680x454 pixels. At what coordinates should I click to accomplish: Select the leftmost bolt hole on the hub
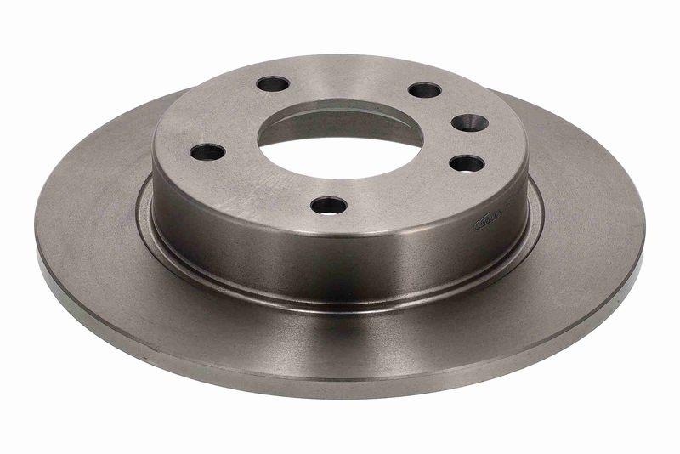(x=207, y=153)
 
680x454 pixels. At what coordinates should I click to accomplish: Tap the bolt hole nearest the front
(x=329, y=205)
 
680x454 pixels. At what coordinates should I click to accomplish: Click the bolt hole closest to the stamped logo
(x=467, y=163)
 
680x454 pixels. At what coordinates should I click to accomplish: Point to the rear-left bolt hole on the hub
(x=273, y=84)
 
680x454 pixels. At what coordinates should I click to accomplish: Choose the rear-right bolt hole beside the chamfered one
(x=424, y=90)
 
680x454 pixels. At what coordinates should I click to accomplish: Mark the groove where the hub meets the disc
(x=340, y=299)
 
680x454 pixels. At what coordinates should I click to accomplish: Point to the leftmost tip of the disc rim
(x=37, y=234)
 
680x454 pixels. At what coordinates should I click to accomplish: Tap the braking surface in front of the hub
(x=340, y=340)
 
